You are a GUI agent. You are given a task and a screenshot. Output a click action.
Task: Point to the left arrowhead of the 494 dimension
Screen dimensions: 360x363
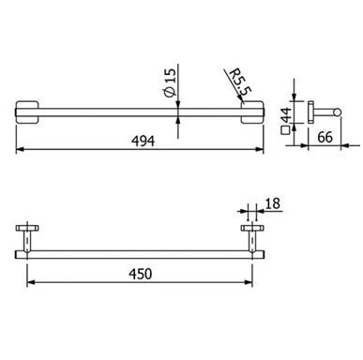coord(21,150)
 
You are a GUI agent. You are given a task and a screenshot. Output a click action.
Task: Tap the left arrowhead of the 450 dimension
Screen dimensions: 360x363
coord(30,285)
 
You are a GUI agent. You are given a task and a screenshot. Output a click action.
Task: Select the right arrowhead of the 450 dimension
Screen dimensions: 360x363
coord(248,285)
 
